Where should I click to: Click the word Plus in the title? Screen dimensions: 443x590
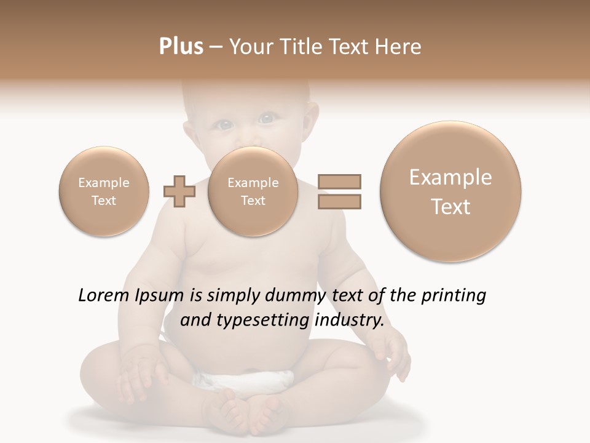click(x=181, y=47)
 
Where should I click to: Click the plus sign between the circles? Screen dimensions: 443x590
click(x=179, y=192)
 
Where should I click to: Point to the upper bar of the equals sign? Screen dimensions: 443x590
click(x=339, y=182)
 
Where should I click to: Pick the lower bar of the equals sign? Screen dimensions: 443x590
click(x=339, y=201)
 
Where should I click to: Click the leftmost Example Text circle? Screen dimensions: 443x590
click(x=104, y=191)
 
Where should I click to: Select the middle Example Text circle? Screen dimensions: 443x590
click(x=253, y=191)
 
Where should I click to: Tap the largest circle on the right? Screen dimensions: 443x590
click(x=450, y=191)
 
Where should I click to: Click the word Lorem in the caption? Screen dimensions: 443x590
click(x=102, y=296)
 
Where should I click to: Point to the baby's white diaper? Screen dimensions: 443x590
click(x=246, y=381)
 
